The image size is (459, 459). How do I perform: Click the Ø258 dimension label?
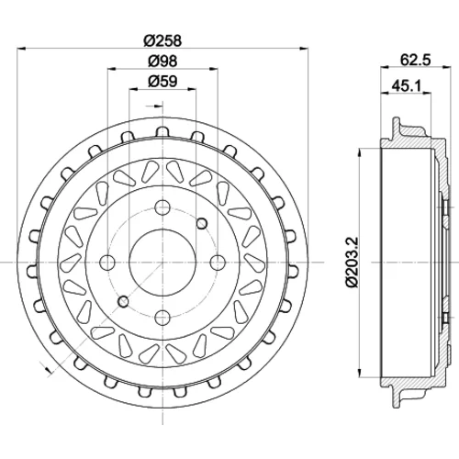pyautogui.click(x=162, y=40)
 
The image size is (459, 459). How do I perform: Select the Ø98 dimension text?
pyautogui.click(x=162, y=61)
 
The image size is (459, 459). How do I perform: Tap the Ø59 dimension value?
pyautogui.click(x=162, y=82)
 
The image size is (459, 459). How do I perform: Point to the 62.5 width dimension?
pyautogui.click(x=416, y=60)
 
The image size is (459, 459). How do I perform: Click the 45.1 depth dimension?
pyautogui.click(x=407, y=86)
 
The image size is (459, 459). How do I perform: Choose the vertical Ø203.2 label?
pyautogui.click(x=352, y=262)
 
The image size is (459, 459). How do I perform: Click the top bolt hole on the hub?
pyautogui.click(x=162, y=207)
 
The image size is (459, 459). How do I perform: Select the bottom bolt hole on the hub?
pyautogui.click(x=162, y=318)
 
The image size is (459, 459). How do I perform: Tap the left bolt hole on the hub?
pyautogui.click(x=107, y=263)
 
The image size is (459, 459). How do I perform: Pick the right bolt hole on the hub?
pyautogui.click(x=218, y=263)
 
